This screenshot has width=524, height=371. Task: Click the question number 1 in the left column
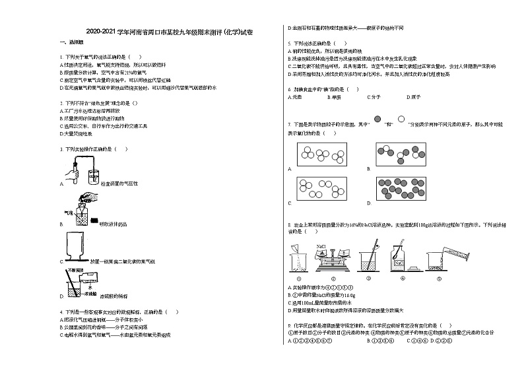[x=60, y=57]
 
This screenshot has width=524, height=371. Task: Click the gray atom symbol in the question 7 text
[x=378, y=118]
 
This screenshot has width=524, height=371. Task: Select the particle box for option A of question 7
[x=323, y=156]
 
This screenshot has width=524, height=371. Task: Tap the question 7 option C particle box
[x=323, y=189]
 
